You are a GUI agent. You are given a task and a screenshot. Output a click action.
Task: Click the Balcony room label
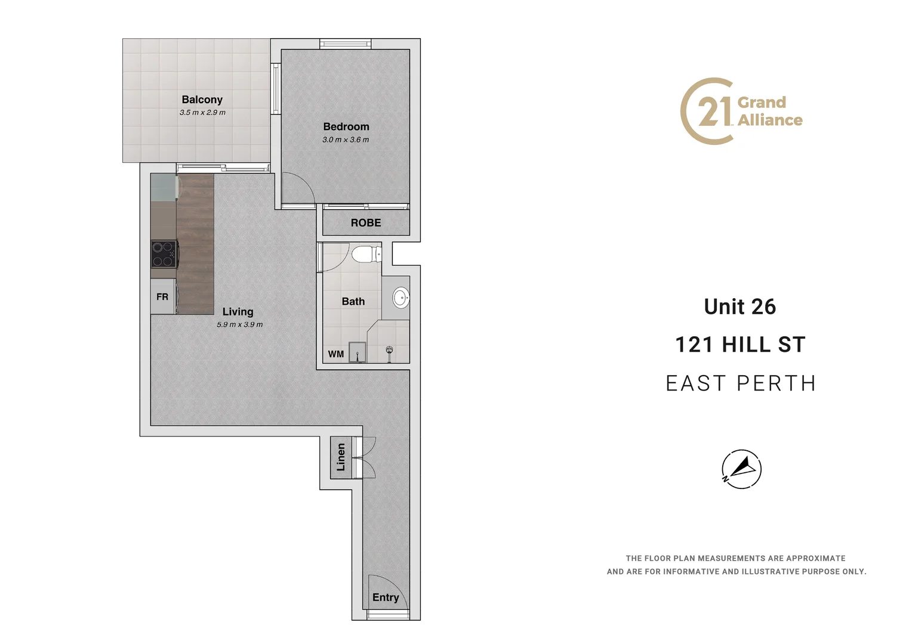202,100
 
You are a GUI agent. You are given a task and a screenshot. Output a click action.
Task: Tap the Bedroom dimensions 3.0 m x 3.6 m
346,140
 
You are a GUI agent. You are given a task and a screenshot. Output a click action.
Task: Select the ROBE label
365,222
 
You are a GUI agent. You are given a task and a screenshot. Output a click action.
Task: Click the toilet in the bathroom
366,255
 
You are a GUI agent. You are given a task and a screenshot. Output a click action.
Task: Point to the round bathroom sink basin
401,297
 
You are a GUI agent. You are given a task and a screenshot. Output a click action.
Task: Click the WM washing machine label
335,354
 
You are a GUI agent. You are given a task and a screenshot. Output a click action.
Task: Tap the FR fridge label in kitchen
162,297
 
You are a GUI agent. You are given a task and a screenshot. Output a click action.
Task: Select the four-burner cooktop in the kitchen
164,254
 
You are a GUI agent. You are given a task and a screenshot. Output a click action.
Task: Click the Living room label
238,311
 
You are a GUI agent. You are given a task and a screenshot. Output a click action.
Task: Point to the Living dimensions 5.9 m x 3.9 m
239,325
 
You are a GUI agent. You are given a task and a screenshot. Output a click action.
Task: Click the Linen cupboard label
341,457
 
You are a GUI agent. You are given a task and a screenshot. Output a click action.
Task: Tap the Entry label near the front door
385,597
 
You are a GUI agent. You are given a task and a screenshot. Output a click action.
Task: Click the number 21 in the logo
714,112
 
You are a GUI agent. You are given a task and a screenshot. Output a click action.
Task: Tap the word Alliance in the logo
770,120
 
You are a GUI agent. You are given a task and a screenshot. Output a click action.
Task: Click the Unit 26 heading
740,306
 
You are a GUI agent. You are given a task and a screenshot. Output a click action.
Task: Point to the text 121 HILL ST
740,345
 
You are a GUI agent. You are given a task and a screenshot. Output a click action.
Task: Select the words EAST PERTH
740,383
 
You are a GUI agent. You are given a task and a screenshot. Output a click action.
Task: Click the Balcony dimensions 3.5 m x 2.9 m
202,113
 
